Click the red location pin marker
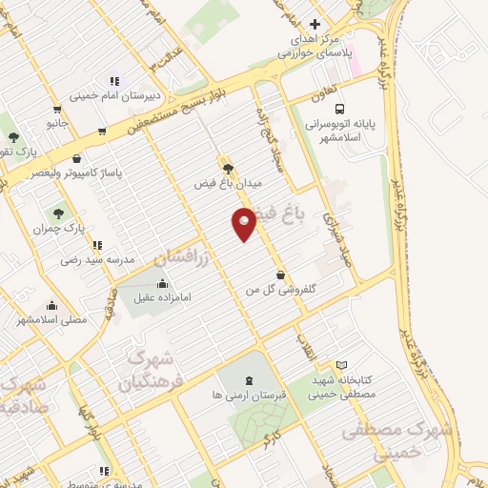[244, 223]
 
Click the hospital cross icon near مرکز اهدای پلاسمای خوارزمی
[315, 24]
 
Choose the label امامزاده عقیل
[159, 297]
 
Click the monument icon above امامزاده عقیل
[160, 283]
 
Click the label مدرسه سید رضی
[89, 259]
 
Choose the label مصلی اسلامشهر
[52, 319]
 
